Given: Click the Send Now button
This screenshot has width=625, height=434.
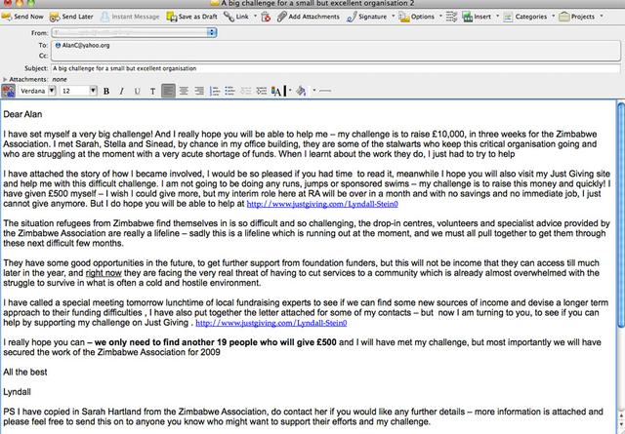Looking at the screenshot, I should click(24, 17).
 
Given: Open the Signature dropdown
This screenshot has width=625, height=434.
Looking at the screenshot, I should click(372, 17).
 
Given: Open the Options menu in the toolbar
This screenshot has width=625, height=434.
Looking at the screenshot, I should click(421, 17).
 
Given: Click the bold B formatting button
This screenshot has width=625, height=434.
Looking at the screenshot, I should click(106, 91).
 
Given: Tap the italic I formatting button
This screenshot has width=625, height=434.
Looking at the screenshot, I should click(121, 91).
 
